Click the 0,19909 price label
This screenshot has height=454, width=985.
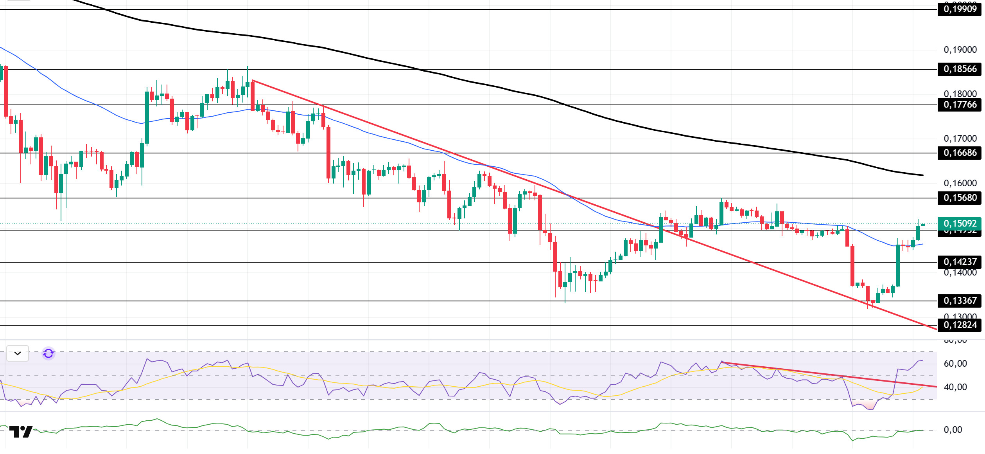tap(960, 9)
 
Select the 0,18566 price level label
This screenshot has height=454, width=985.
tap(960, 69)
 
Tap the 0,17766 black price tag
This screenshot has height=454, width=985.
tap(960, 105)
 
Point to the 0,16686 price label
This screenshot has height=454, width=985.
tap(960, 153)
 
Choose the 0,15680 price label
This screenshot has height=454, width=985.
tap(960, 198)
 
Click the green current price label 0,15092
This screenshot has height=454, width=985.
tap(960, 223)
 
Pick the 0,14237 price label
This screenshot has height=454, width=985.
tap(960, 262)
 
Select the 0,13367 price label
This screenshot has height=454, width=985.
tap(960, 301)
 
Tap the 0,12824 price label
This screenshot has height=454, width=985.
tap(960, 325)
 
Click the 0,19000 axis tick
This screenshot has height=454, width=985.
tap(960, 50)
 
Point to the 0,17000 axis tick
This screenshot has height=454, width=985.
tap(960, 139)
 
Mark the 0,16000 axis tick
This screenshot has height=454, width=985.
tap(960, 183)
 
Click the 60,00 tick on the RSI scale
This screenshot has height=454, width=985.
tap(955, 364)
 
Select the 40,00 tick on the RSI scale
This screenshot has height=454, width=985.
tap(955, 387)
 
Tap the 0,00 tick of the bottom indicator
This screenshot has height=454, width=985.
tap(953, 430)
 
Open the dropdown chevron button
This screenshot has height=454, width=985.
tap(18, 353)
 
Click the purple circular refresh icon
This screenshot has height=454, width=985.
tap(48, 353)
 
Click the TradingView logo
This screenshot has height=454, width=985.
tap(21, 432)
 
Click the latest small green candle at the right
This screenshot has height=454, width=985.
tap(923, 225)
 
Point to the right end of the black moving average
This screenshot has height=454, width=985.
tap(923, 175)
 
